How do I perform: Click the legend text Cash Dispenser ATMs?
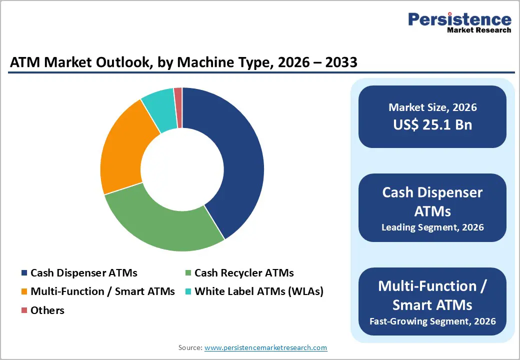click(x=83, y=273)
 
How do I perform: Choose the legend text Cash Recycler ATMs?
click(x=244, y=273)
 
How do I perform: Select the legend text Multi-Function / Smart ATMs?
click(x=102, y=291)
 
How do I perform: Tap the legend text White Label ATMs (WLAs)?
click(x=258, y=291)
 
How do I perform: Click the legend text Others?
click(x=47, y=310)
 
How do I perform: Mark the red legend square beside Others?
click(x=24, y=310)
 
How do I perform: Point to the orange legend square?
click(x=24, y=291)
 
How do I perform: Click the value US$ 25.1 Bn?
click(x=432, y=124)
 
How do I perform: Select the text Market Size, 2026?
click(x=432, y=107)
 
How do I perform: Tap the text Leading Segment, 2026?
click(x=432, y=227)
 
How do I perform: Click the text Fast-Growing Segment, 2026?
click(x=432, y=321)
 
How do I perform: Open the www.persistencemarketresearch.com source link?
click(x=265, y=347)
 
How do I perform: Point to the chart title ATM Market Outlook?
click(x=183, y=62)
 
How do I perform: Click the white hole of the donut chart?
click(x=182, y=169)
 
